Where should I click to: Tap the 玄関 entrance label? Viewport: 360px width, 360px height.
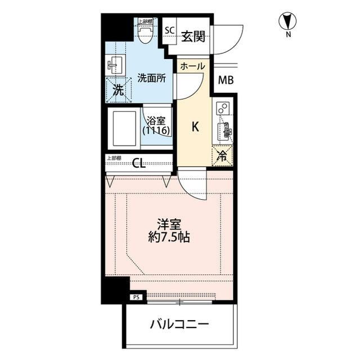[193, 37]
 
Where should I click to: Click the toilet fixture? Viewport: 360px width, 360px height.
[145, 35]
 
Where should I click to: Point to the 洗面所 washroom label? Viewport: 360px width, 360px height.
[151, 79]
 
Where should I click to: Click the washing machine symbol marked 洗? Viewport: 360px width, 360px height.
[117, 90]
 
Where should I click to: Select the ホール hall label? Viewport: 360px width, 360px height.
[193, 66]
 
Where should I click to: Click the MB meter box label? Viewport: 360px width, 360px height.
[226, 80]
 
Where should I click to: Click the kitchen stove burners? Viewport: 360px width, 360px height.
[222, 108]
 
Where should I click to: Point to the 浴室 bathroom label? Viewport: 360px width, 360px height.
[156, 120]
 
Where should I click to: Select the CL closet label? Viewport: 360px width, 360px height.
[139, 164]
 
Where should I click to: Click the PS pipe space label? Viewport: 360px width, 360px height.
[136, 297]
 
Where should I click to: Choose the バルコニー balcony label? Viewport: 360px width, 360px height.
[179, 325]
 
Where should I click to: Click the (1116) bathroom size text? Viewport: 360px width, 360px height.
[156, 130]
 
